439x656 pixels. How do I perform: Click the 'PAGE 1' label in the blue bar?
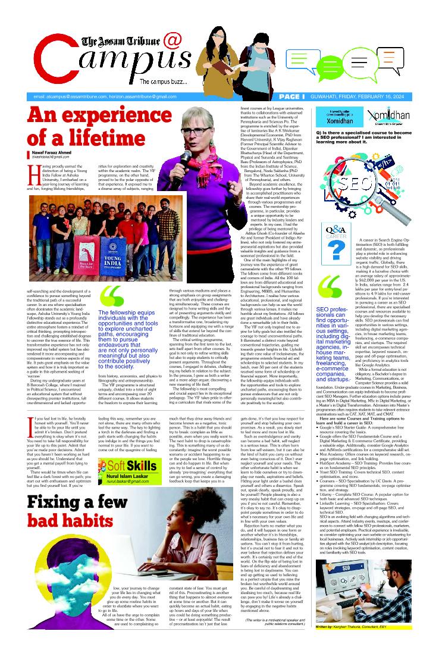291,96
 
